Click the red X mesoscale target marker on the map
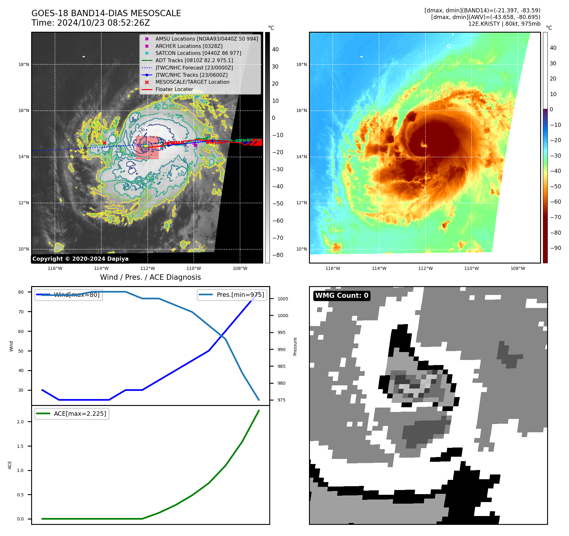(104, 143)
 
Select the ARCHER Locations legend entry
(189, 46)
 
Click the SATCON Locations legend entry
(198, 53)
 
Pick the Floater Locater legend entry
(174, 89)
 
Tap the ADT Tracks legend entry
(194, 60)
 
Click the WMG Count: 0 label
(342, 296)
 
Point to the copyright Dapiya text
(80, 259)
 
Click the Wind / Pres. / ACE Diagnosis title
(151, 277)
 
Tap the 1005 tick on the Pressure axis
(283, 299)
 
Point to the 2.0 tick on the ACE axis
(20, 422)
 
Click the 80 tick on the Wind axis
(21, 292)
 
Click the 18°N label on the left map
(24, 65)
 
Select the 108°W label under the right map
(518, 268)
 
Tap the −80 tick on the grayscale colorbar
(278, 255)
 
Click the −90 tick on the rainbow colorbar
(555, 248)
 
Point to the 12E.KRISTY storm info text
(504, 24)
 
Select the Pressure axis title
(295, 346)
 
